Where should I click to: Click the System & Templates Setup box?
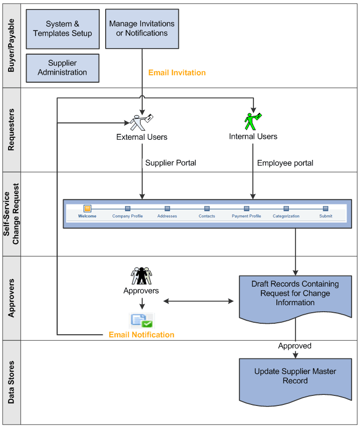pyautogui.click(x=63, y=29)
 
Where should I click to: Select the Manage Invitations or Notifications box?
pyautogui.click(x=142, y=29)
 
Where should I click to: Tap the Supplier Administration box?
pyautogui.click(x=63, y=68)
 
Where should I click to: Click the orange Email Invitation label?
pyautogui.click(x=177, y=73)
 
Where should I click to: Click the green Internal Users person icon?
pyautogui.click(x=252, y=121)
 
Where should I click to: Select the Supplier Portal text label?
pyautogui.click(x=171, y=163)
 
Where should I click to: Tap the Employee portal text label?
pyautogui.click(x=285, y=163)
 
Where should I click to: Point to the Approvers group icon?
pyautogui.click(x=141, y=276)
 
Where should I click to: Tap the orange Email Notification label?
pyautogui.click(x=142, y=335)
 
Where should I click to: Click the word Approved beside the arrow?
pyautogui.click(x=294, y=346)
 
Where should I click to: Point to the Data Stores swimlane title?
pyautogui.click(x=12, y=382)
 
